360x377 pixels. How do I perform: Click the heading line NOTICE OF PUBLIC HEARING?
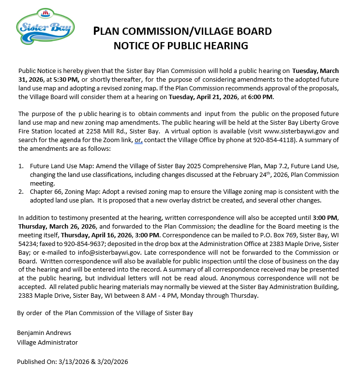(x=180, y=46)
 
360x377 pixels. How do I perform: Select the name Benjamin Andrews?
(x=44, y=333)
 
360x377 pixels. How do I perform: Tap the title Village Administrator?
(x=47, y=342)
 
